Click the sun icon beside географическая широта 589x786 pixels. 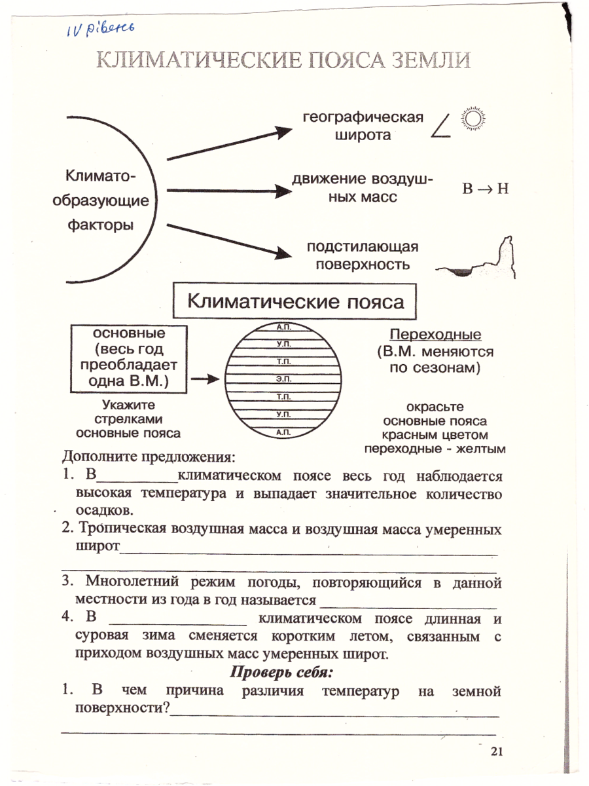474,119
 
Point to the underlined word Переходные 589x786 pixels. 435,335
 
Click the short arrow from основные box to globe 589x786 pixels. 206,379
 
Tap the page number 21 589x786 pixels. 495,753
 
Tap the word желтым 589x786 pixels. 483,449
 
